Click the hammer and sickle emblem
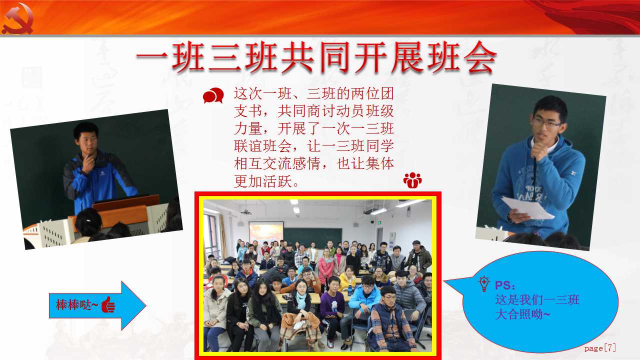coord(17,19)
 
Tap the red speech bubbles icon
coord(213,95)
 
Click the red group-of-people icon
coord(412,180)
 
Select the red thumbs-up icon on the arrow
coord(108,304)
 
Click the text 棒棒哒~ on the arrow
coord(77,305)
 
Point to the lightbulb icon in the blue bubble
coord(484,283)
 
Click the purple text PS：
coord(505,285)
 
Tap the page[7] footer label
coord(600,348)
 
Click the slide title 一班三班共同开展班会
coord(316,57)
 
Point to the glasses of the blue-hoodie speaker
coord(546,122)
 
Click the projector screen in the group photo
coord(266,232)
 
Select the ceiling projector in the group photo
coord(245,212)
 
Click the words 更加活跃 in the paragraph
coord(263,181)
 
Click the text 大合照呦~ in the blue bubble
coord(522,314)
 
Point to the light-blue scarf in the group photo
coord(300,300)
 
